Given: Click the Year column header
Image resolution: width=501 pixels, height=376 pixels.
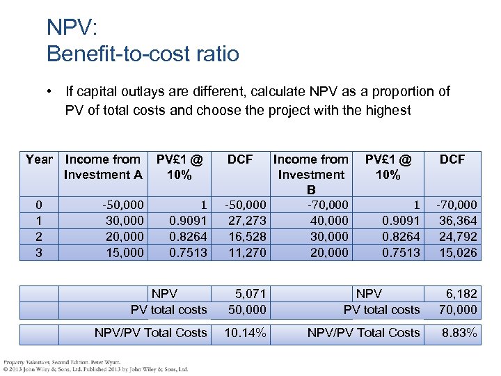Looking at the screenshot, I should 39,159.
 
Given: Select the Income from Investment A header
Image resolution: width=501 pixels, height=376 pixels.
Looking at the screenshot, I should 103,167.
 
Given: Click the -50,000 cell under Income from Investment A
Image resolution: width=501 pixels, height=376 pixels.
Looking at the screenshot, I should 123,205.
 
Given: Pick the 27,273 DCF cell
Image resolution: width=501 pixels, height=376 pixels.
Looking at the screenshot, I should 247,221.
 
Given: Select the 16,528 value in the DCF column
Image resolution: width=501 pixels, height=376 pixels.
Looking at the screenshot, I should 247,237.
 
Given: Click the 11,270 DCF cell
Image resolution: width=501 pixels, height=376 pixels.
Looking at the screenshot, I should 247,253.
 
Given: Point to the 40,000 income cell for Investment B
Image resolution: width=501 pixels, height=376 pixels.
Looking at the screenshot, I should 329,221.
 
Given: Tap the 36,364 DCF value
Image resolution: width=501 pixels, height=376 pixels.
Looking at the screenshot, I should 458,221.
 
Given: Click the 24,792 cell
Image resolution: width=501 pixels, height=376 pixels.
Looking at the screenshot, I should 458,237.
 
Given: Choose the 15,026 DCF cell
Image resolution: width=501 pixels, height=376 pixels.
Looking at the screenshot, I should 458,253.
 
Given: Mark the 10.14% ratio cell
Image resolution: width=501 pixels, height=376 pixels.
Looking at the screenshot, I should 245,333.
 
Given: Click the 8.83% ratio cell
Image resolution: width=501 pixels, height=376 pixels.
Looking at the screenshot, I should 459,333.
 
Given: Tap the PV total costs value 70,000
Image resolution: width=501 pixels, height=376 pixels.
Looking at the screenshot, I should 458,310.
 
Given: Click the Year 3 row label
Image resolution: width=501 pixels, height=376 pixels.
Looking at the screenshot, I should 39,253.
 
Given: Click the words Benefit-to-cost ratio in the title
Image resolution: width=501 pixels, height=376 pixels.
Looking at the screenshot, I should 143,53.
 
